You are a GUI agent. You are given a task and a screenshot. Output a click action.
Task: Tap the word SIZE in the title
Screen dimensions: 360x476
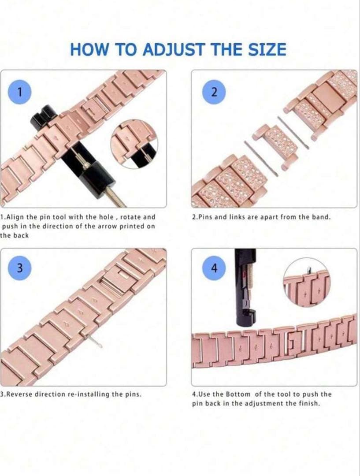point(267,49)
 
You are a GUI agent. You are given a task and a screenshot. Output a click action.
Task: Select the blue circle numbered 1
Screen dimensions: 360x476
point(20,92)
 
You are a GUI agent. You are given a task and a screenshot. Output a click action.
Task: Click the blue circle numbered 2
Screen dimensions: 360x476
point(214,92)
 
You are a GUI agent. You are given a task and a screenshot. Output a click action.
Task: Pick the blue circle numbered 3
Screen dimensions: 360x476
point(20,268)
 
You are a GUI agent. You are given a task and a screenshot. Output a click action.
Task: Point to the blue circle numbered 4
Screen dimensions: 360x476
point(214,268)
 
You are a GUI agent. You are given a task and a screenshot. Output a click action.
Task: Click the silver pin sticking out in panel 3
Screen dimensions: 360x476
point(96,341)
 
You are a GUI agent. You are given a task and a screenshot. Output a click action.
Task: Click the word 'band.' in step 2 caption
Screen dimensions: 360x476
point(321,217)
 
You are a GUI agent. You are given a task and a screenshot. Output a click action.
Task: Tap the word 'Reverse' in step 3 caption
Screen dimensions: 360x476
point(21,394)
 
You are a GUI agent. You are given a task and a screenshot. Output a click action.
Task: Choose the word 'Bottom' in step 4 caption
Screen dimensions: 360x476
point(238,394)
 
